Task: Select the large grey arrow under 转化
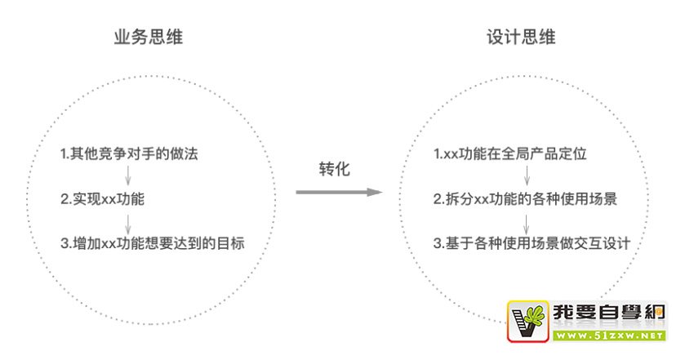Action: coord(338,192)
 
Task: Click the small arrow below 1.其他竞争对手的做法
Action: coord(127,176)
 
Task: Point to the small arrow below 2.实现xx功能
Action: coord(127,221)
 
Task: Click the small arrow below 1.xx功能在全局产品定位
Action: coord(527,176)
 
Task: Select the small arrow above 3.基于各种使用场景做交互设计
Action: coord(527,221)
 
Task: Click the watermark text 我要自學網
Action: coord(608,313)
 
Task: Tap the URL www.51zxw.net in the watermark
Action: coord(608,335)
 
